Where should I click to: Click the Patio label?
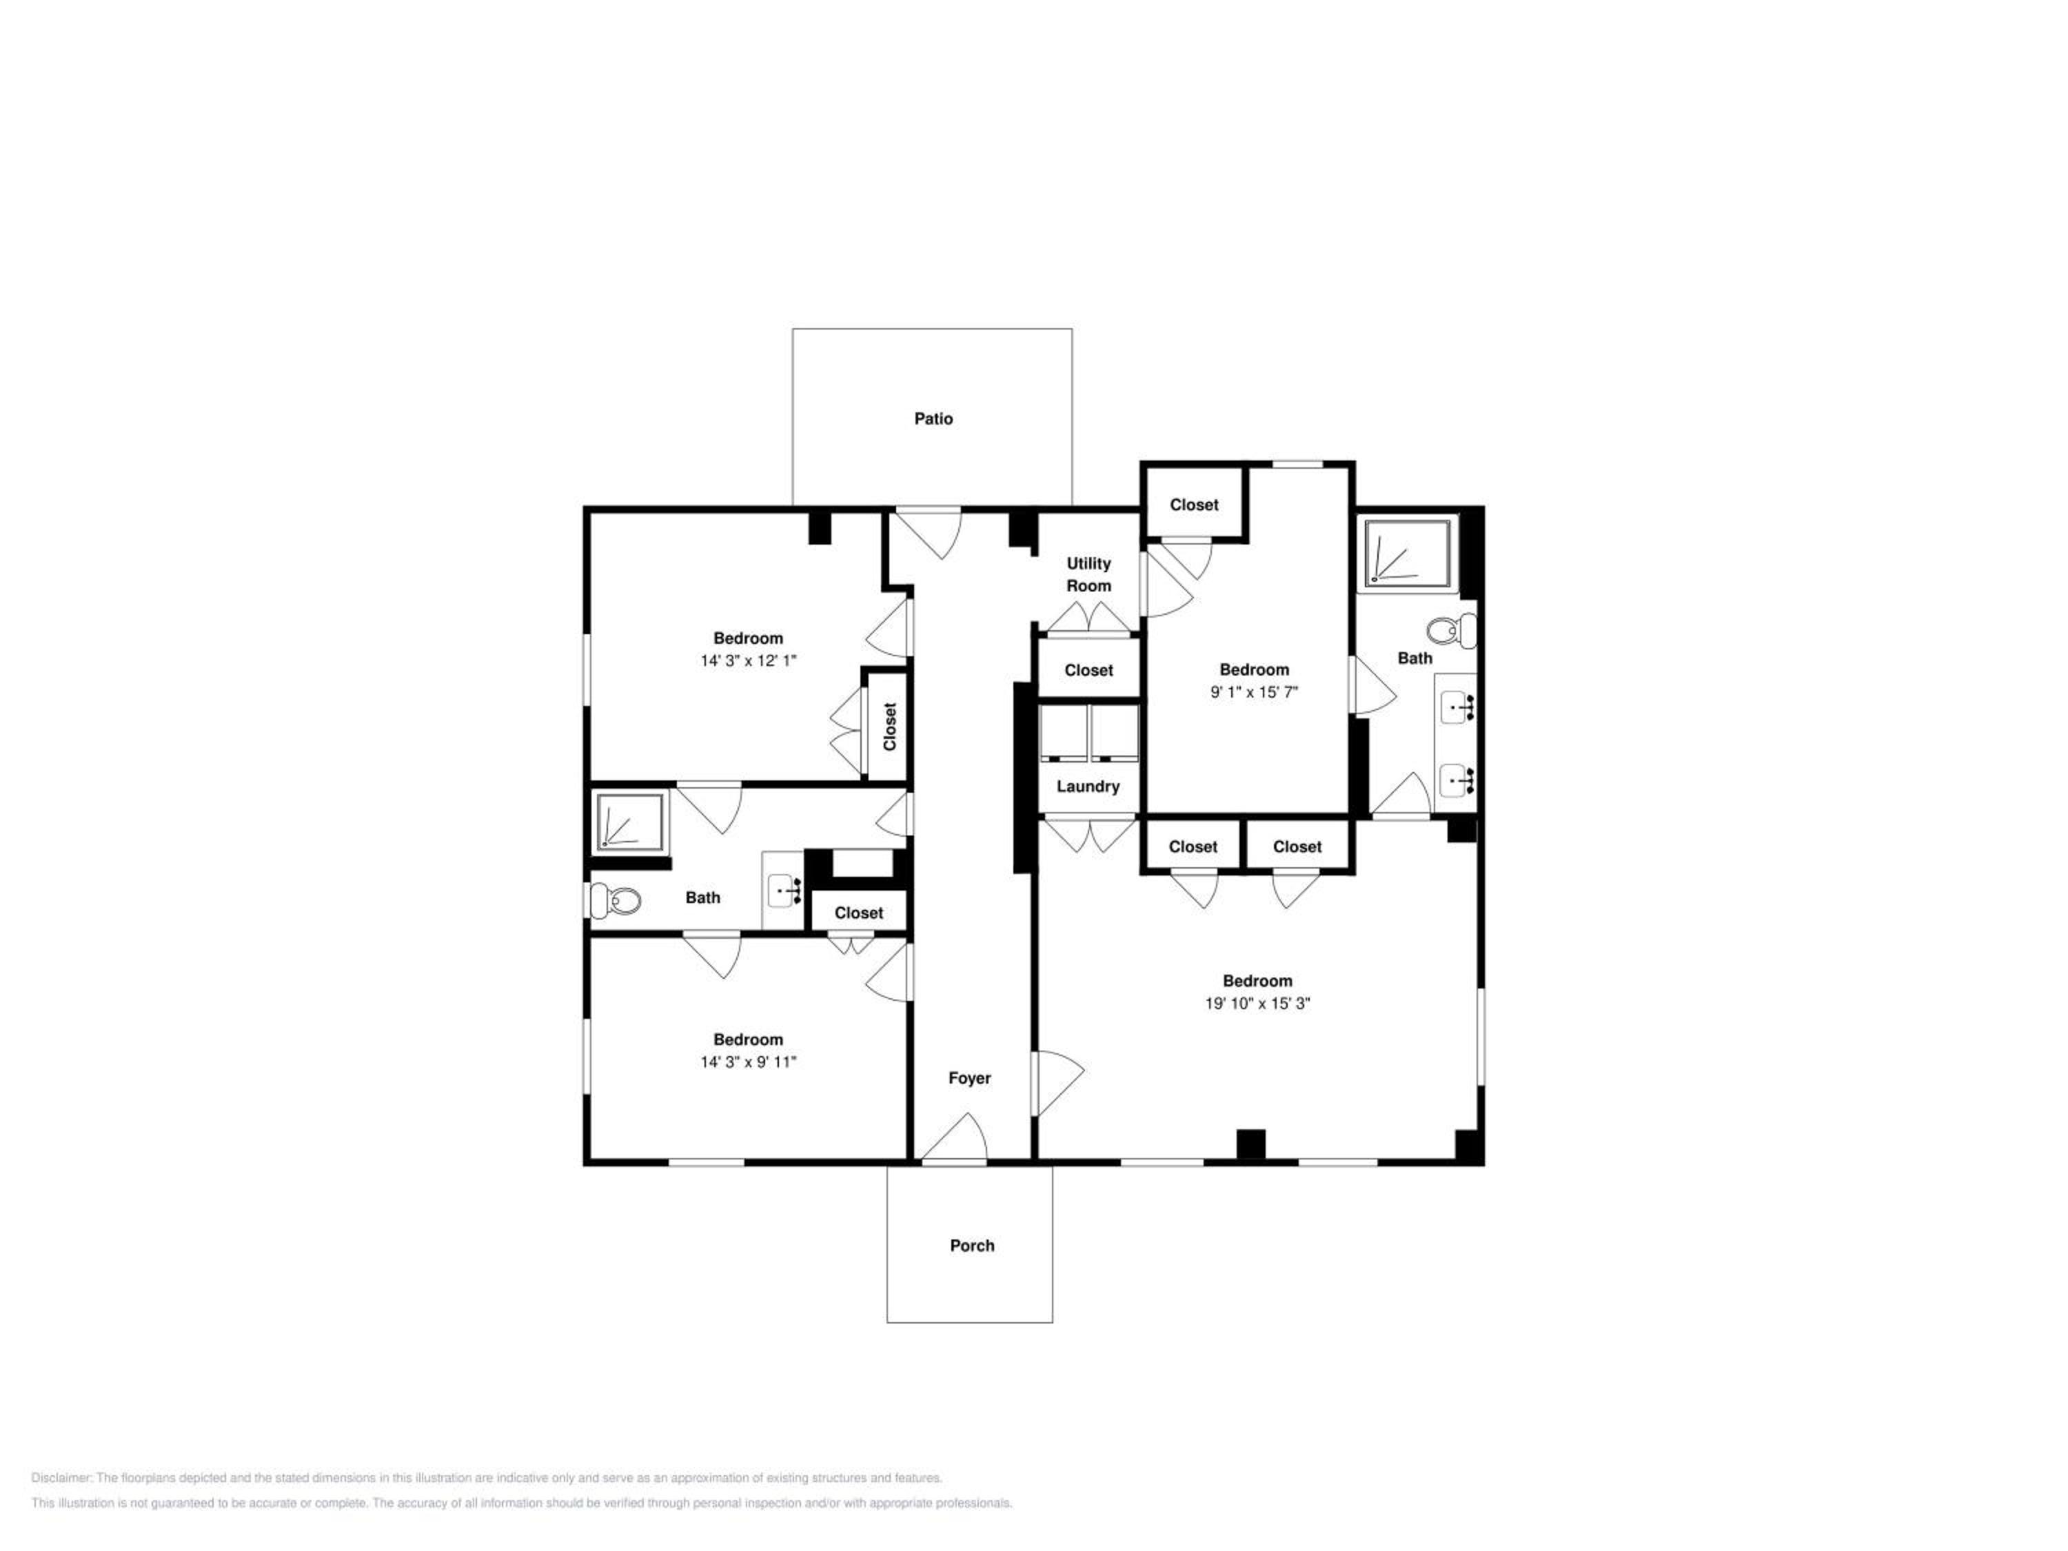[933, 419]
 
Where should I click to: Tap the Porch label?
[971, 1246]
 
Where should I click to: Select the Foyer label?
[969, 1078]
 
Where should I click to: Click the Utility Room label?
[1088, 574]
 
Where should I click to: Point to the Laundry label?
[1087, 787]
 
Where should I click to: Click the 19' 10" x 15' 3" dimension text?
[1257, 1003]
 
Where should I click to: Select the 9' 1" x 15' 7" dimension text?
[1254, 692]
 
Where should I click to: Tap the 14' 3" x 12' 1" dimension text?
[748, 660]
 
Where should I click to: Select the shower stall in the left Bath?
[631, 822]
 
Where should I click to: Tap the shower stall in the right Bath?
[1408, 553]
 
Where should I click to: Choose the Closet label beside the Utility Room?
[1088, 670]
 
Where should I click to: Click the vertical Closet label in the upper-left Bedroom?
[889, 727]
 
